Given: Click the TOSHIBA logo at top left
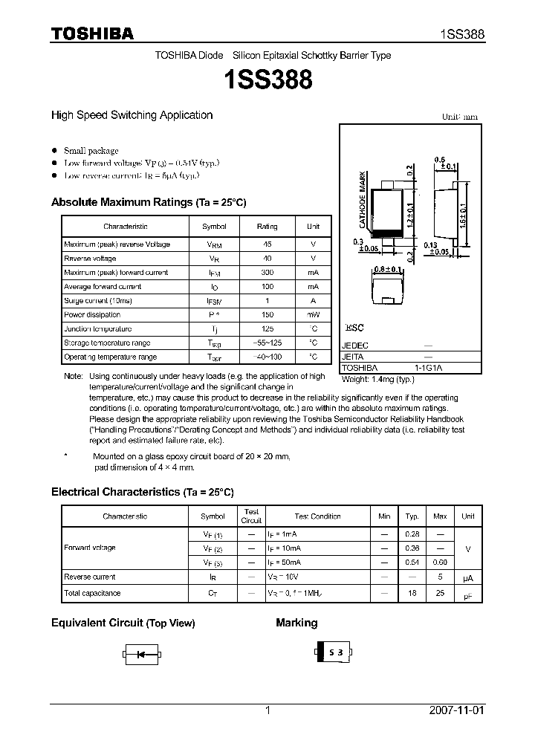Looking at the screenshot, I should [92, 33].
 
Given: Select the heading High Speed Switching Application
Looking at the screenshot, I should [132, 115].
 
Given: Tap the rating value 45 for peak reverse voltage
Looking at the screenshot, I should [267, 244].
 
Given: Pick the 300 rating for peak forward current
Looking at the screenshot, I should [267, 273].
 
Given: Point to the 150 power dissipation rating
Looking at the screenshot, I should [267, 314].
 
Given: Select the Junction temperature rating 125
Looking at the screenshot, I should [267, 328].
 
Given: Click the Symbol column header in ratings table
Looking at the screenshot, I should [214, 227].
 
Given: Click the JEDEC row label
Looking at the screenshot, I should [355, 346].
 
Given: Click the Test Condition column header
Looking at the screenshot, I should [317, 516].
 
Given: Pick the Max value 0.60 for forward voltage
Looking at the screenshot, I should [440, 562].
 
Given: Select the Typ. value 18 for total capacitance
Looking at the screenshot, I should [412, 593].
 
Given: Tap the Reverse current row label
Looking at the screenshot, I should [89, 577].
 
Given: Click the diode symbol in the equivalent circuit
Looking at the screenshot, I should [140, 655].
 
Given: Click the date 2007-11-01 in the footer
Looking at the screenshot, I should [456, 710].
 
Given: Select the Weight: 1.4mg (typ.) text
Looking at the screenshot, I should [377, 379].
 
